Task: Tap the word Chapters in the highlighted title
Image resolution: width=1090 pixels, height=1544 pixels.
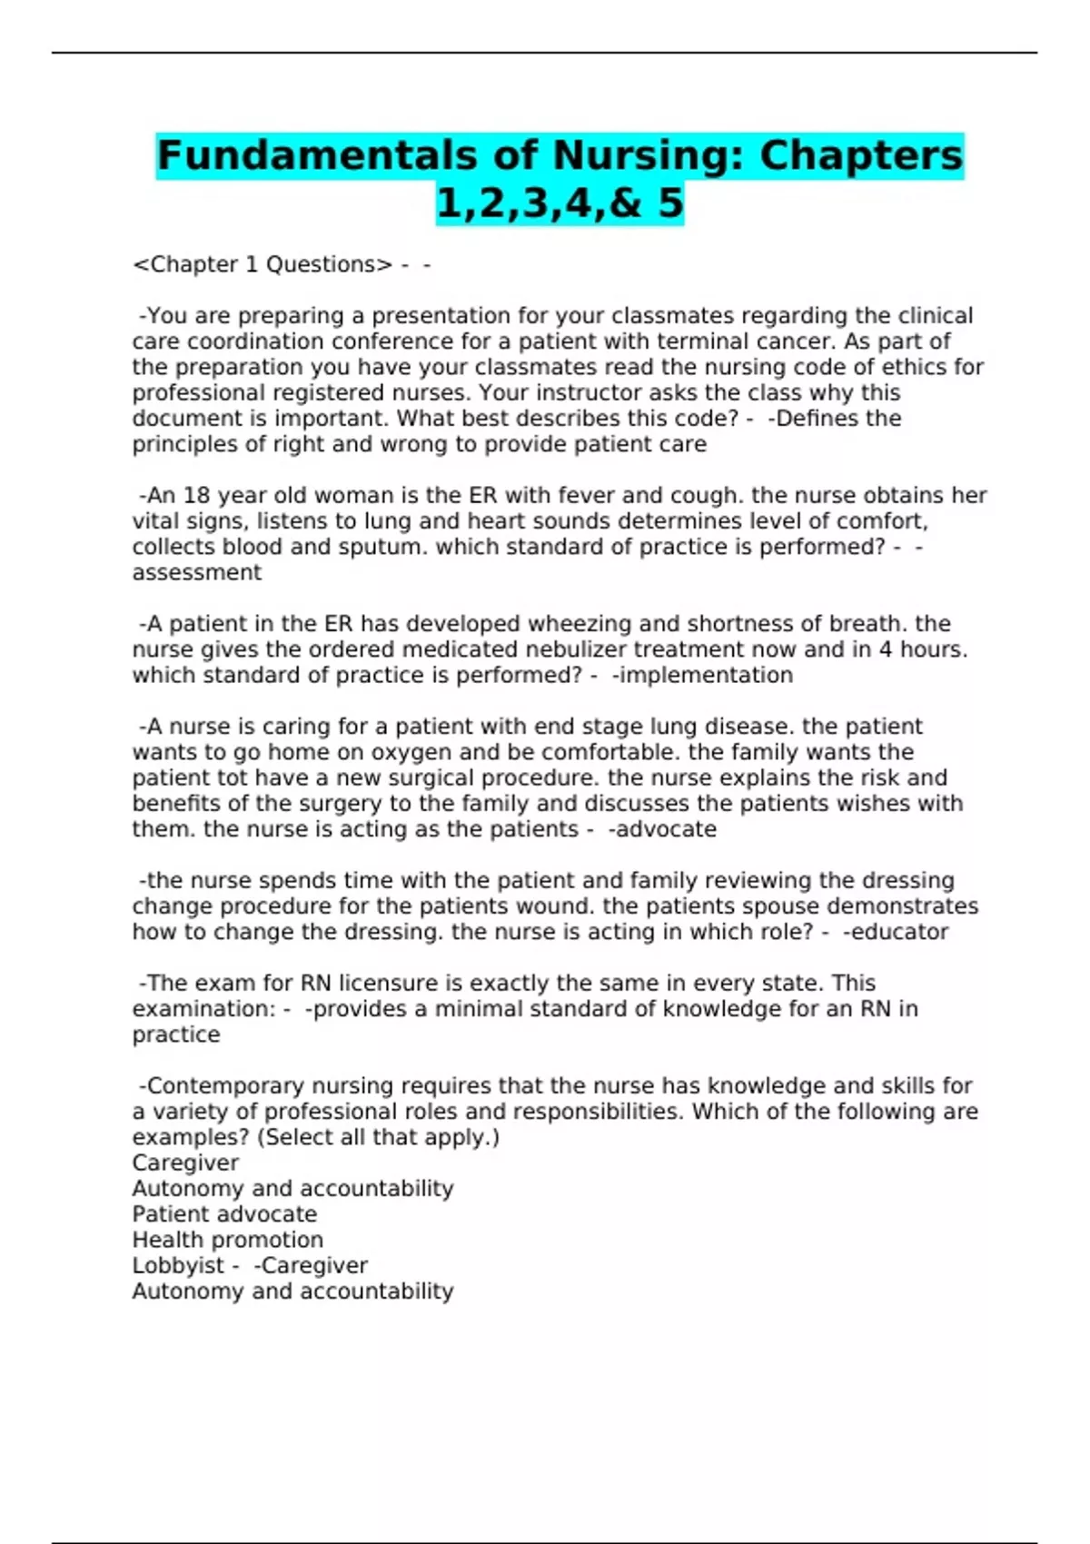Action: (x=860, y=155)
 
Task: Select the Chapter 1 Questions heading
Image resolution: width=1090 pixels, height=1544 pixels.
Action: (x=263, y=264)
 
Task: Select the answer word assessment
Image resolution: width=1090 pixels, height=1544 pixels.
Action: (x=196, y=572)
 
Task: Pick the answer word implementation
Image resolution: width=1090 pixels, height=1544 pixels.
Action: (x=706, y=675)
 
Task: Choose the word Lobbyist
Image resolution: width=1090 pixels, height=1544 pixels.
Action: (x=178, y=1265)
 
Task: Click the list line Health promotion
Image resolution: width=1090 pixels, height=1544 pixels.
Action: (x=227, y=1240)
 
